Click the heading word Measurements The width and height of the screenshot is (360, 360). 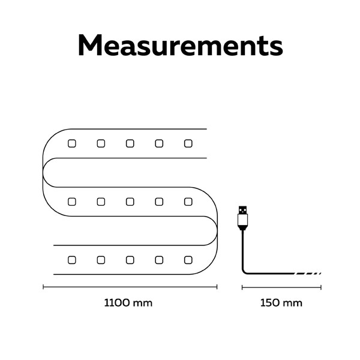tap(180, 45)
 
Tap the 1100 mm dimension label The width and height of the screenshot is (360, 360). tap(128, 303)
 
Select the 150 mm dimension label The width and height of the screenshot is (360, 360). tap(281, 303)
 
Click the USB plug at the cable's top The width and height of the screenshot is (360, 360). tap(242, 218)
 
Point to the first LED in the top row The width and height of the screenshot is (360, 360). tap(72, 143)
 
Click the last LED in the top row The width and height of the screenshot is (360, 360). tap(188, 143)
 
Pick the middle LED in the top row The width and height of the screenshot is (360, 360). tap(130, 143)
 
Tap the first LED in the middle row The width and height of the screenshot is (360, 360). tap(72, 202)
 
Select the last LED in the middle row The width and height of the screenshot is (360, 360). tap(188, 202)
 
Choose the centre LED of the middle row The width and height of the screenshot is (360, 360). tap(130, 202)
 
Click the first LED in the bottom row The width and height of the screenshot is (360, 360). tap(72, 260)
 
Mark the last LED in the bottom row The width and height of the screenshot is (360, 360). tap(188, 260)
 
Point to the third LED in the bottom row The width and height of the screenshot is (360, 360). tap(130, 260)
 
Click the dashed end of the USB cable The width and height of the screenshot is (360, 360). tap(308, 274)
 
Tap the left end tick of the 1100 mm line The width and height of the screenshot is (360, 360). tap(43, 287)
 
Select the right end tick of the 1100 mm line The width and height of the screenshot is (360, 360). tap(217, 287)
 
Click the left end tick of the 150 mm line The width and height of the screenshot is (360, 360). tap(242, 287)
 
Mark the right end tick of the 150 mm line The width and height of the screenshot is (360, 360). tap(321, 287)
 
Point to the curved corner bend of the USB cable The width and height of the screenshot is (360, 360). tap(244, 272)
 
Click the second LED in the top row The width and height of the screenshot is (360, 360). tap(101, 143)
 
